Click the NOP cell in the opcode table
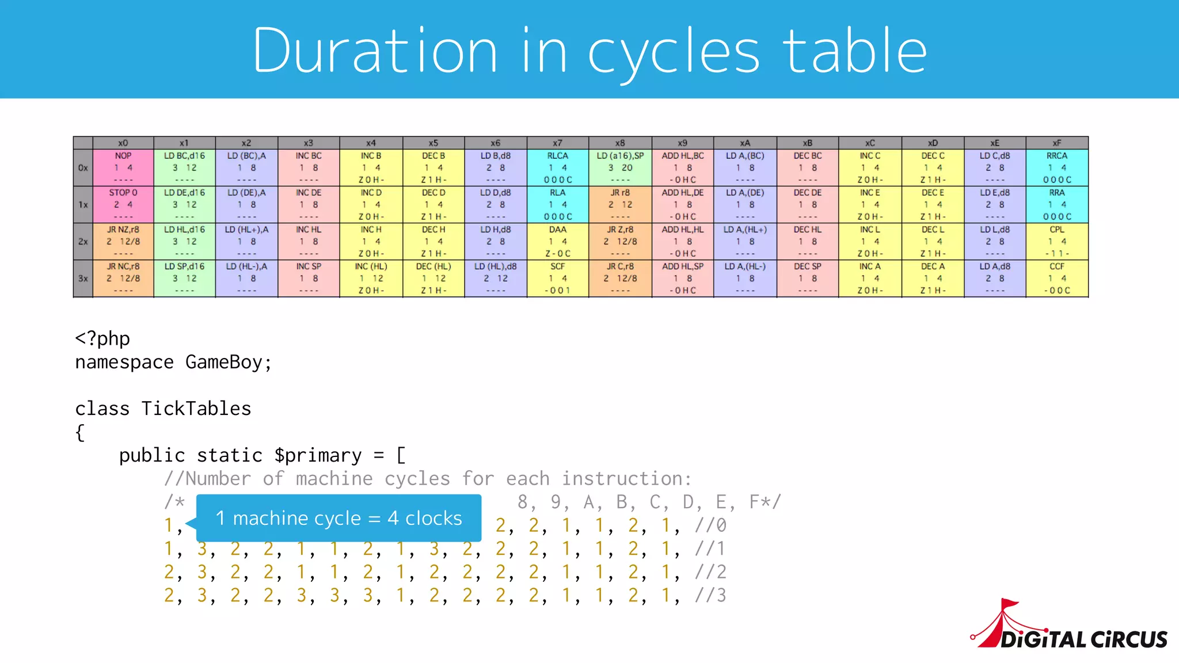[x=123, y=167]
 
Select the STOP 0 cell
[x=123, y=204]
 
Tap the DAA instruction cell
[x=557, y=241]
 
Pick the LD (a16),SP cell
[x=620, y=167]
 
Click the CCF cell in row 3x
[x=1057, y=278]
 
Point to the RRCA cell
[x=1057, y=167]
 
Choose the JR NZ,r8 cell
[x=123, y=241]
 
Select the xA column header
[x=745, y=143]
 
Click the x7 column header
[x=557, y=143]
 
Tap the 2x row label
[x=83, y=242]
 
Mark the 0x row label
[x=83, y=168]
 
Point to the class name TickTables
[x=196, y=409]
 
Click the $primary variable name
[x=318, y=455]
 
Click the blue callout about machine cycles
[x=339, y=518]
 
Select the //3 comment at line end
[x=710, y=595]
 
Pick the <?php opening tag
[x=102, y=338]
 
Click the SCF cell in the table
[x=557, y=278]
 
